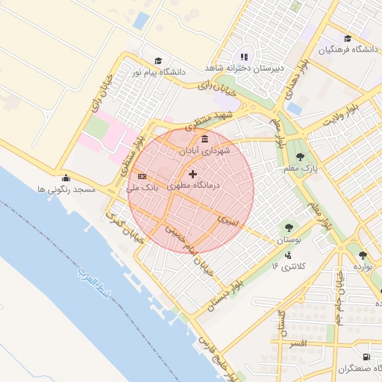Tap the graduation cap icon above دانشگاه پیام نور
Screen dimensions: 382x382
coord(157,60)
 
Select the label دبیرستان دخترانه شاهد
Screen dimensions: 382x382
coord(243,67)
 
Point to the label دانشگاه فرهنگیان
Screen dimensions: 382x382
coord(346,50)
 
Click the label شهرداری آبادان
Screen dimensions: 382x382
coord(204,150)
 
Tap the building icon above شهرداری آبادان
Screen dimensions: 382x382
coord(204,138)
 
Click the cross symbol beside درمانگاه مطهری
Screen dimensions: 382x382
coord(193,174)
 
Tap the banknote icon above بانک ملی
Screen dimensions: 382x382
coord(142,176)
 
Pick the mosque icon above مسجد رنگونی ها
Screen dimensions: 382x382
coord(66,178)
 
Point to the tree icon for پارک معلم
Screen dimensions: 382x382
coord(300,157)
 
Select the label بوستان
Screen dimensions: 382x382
coord(289,240)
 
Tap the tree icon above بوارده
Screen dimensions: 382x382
coord(363,255)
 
